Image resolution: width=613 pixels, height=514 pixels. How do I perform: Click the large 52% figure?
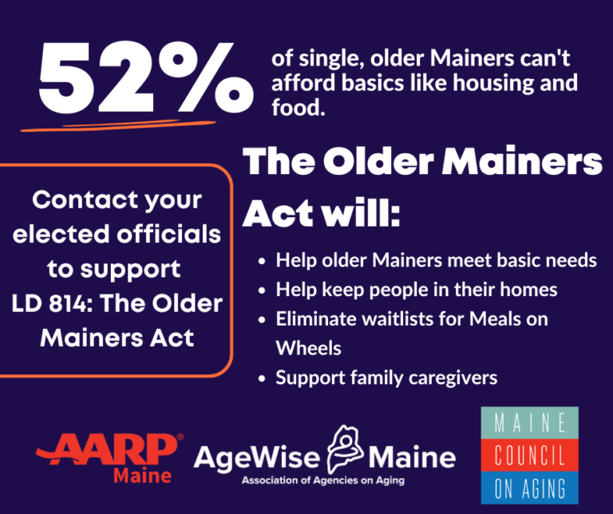pos(140,80)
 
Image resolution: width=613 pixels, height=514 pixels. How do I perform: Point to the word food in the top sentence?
pos(299,106)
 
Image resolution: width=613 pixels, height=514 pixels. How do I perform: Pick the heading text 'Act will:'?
pos(322,213)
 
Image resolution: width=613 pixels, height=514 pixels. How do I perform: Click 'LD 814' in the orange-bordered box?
pos(57,304)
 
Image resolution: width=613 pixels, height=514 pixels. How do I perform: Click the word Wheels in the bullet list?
pos(308,348)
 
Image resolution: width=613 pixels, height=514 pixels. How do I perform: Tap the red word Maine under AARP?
pos(142,476)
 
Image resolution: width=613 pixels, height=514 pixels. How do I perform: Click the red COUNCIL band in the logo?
pos(530,456)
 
